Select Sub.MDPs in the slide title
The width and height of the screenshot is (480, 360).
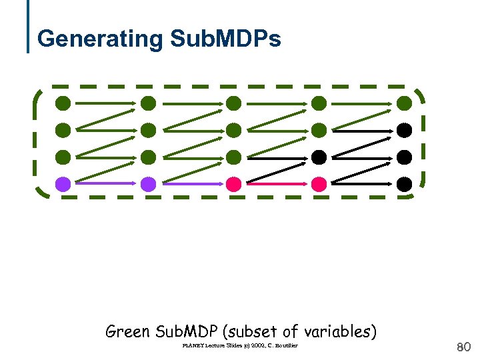225,39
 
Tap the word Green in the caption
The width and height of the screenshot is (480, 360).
128,331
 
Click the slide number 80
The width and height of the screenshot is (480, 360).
463,347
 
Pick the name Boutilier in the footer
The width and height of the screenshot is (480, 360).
286,345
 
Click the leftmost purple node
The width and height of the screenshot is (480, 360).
63,183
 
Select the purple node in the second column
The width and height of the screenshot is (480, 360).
148,183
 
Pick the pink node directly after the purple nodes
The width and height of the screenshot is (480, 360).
233,183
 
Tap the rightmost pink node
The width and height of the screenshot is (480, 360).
319,183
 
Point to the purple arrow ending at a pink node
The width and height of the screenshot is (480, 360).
191,183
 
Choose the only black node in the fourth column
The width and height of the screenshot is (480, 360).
319,157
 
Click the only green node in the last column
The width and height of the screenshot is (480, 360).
404,103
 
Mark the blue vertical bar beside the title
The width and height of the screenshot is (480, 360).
29,27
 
